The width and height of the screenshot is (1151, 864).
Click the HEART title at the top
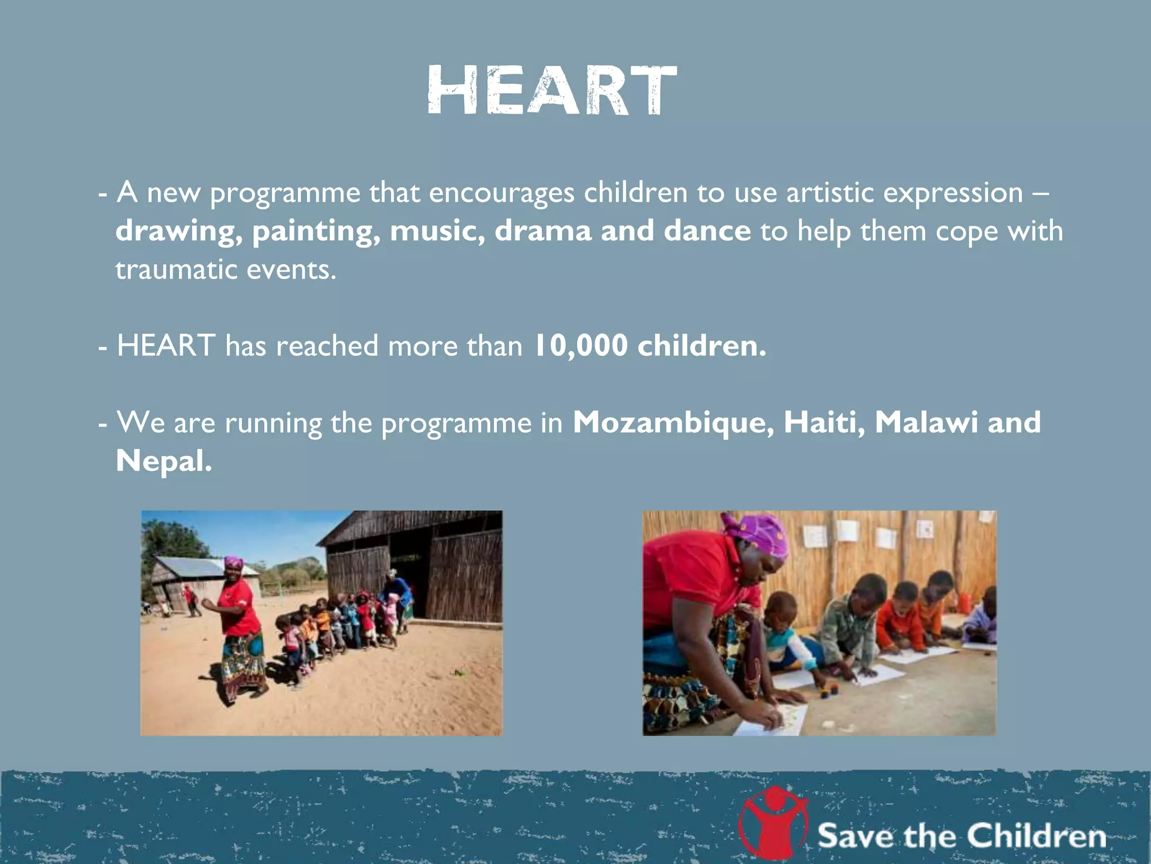[552, 91]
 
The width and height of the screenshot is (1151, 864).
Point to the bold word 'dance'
[707, 231]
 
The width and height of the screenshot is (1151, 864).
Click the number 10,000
[580, 345]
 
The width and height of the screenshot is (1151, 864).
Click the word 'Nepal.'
[164, 461]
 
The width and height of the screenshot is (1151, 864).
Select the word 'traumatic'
[176, 270]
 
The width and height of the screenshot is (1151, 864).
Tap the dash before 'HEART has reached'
[102, 348]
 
